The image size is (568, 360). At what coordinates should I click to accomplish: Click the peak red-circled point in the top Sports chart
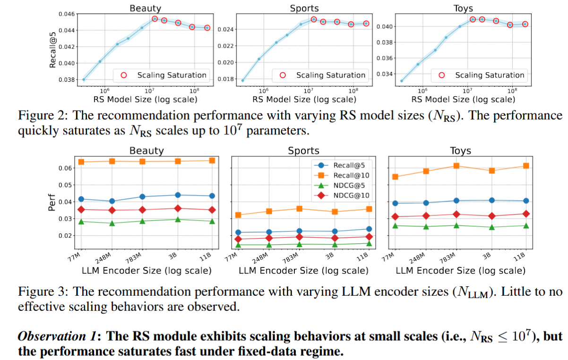click(x=313, y=19)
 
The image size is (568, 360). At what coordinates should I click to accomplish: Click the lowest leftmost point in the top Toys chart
click(x=402, y=81)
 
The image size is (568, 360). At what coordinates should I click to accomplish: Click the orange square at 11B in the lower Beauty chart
click(x=212, y=161)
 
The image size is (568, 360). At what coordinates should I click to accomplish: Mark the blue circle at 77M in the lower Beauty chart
click(x=81, y=199)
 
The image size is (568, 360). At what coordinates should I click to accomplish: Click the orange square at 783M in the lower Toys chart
click(x=456, y=166)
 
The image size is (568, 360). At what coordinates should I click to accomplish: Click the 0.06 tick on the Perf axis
click(x=65, y=168)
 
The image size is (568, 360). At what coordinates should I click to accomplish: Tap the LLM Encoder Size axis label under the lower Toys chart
click(x=460, y=271)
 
